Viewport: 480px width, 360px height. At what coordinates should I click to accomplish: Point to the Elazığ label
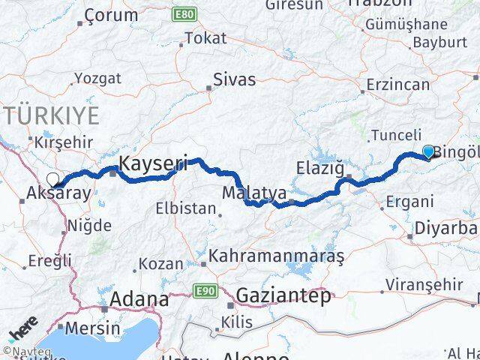(x=319, y=166)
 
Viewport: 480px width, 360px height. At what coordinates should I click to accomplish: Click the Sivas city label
(x=234, y=79)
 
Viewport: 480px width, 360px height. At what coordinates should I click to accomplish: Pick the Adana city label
(x=139, y=299)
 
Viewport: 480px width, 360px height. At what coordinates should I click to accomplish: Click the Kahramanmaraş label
(x=277, y=256)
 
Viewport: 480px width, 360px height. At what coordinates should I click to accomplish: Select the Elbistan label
(x=186, y=208)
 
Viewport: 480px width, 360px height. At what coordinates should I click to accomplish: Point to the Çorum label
(x=111, y=14)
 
